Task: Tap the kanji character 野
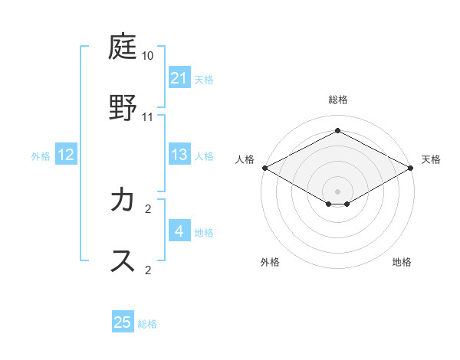[123, 107]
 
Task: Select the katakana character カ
[123, 201]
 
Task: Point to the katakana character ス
[123, 260]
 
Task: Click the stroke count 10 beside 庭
[148, 57]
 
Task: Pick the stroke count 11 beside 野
[148, 116]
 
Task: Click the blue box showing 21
[179, 78]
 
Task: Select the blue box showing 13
[179, 155]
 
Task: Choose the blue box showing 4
[179, 231]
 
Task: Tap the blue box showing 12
[66, 155]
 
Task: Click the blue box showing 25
[123, 322]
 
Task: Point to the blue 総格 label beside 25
[147, 324]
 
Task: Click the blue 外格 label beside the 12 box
[41, 156]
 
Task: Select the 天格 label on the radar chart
[431, 159]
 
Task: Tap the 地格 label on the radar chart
[402, 262]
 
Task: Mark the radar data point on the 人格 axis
[264, 168]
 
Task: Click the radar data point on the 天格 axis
[412, 168]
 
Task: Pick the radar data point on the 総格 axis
[338, 130]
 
